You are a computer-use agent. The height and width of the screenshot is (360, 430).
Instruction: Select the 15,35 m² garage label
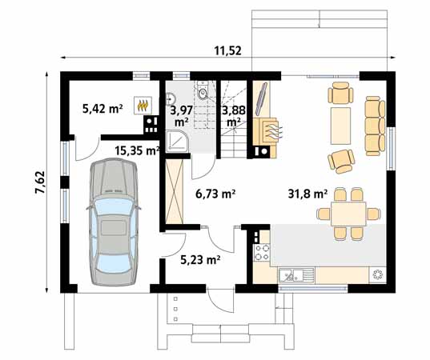click(x=136, y=150)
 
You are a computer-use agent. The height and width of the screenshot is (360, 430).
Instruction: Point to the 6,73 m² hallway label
click(x=215, y=194)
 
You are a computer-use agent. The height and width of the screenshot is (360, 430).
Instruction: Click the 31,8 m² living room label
click(x=307, y=194)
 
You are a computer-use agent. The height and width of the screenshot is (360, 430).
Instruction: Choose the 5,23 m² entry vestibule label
click(x=200, y=258)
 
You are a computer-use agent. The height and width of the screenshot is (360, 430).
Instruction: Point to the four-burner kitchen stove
click(x=261, y=254)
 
